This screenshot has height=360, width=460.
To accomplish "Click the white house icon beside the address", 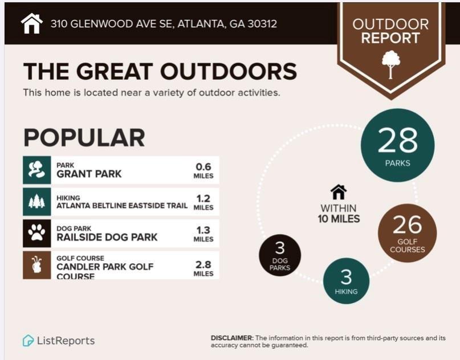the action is (x=32, y=23).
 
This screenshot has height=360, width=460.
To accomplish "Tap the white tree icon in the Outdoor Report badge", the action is (x=391, y=64).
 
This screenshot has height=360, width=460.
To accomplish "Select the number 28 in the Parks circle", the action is (x=397, y=140).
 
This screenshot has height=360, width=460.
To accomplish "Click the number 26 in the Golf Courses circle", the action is (x=407, y=224).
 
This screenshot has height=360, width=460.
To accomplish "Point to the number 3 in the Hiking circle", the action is (x=346, y=277).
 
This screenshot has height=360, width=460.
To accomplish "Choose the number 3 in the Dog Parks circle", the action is (x=280, y=248).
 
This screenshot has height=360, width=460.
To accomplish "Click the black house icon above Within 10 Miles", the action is (x=339, y=192).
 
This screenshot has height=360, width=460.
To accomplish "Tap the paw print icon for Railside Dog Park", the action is (x=36, y=232).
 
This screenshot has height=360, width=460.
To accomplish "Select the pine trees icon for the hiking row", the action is (x=36, y=202).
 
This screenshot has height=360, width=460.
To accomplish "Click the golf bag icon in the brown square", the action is (x=36, y=264).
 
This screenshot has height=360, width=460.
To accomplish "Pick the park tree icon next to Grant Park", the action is (x=36, y=170).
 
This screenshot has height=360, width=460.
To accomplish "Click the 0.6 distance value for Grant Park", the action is (x=203, y=167).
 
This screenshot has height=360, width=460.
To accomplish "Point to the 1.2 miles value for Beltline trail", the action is (x=203, y=198).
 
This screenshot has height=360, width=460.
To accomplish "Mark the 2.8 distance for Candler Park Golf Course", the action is (x=203, y=265).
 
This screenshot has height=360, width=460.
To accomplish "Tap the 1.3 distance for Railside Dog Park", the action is (x=203, y=230).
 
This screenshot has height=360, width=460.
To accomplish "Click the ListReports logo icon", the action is (x=28, y=341).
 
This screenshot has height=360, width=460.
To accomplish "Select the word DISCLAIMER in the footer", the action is (x=232, y=338).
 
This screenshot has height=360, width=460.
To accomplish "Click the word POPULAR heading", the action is (x=84, y=137).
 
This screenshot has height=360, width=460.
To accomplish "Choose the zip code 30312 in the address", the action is (x=262, y=24).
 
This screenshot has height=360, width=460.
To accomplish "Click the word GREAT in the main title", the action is (x=115, y=71).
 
